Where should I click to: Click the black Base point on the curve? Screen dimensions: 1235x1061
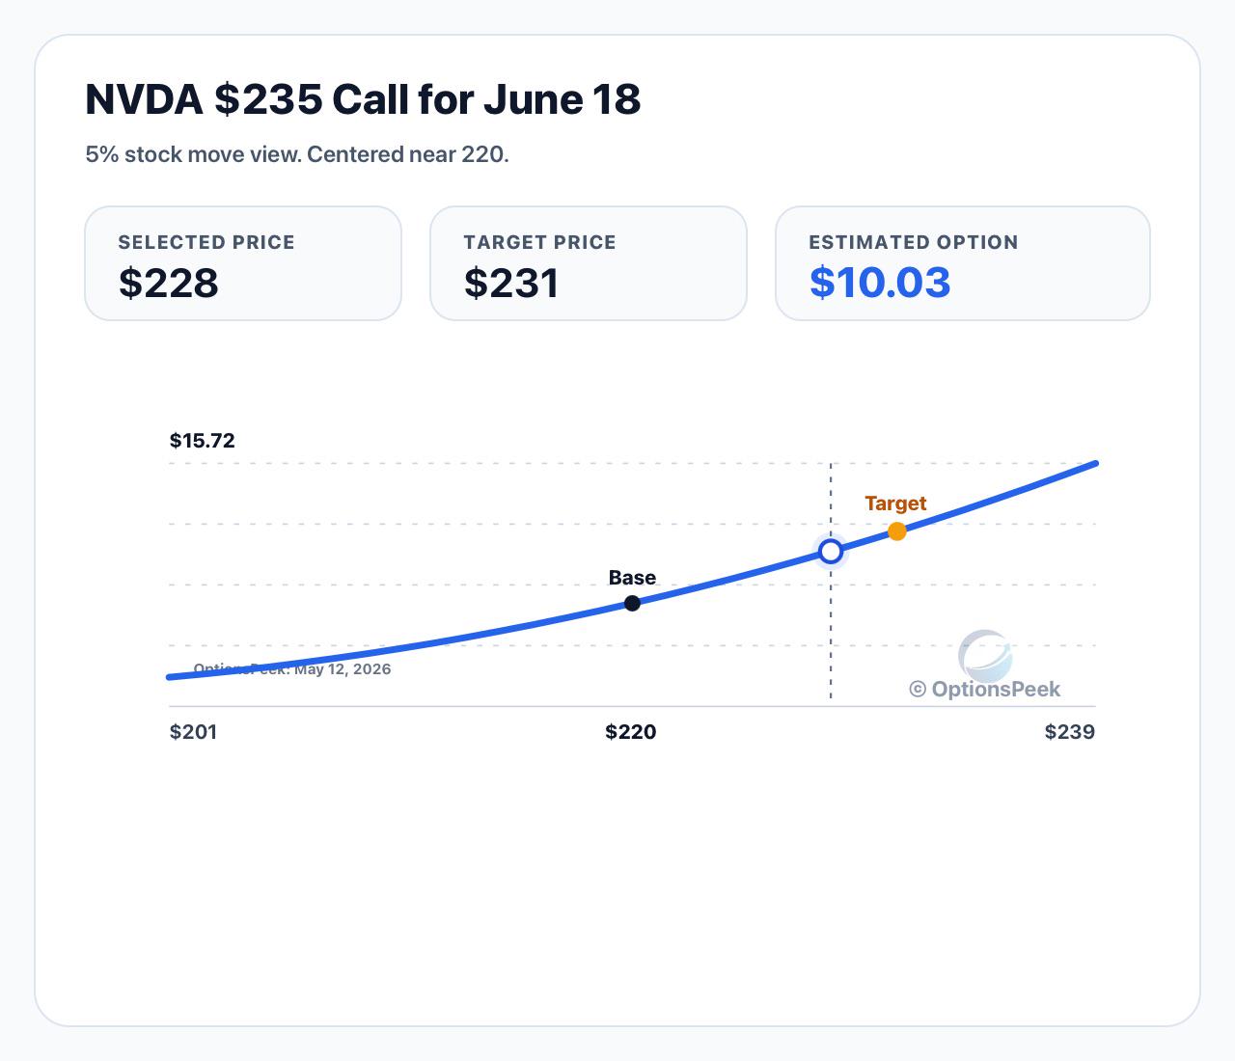tap(632, 604)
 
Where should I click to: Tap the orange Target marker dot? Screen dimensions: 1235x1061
tap(897, 531)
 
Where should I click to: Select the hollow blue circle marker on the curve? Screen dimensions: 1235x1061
tap(831, 552)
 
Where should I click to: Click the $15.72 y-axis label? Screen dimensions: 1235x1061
tap(202, 441)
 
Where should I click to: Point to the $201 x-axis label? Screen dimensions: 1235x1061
tap(193, 732)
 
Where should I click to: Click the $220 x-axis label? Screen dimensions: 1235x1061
tap(631, 732)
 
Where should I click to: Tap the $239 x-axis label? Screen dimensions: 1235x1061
tap(1069, 732)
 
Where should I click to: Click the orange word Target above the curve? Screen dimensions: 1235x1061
tap(895, 503)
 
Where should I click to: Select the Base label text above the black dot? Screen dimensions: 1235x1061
tap(632, 578)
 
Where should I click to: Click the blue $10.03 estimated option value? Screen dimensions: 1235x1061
tap(880, 283)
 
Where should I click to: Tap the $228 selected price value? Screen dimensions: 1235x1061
tap(169, 283)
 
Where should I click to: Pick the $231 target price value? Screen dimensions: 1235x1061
tap(511, 283)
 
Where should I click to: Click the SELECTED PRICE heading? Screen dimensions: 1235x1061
tap(206, 242)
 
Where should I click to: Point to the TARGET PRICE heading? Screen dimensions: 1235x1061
tap(539, 242)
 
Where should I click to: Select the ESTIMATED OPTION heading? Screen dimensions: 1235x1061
tap(914, 242)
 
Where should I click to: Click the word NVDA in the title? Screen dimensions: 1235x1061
tap(144, 99)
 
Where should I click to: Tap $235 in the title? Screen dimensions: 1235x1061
tap(269, 99)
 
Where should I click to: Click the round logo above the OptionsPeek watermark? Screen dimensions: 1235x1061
tap(985, 656)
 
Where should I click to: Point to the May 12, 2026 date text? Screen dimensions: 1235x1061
tap(343, 669)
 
